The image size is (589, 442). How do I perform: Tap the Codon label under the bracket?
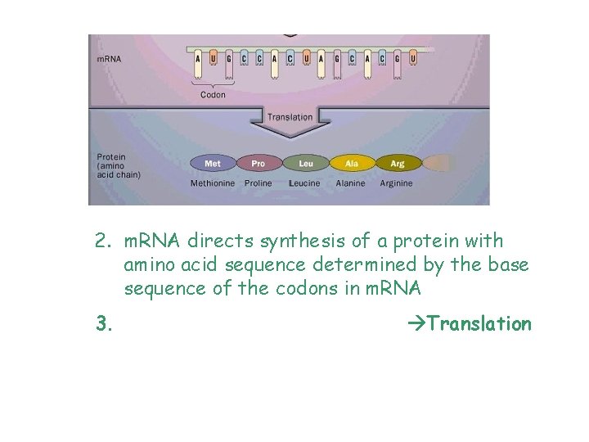[x=213, y=94]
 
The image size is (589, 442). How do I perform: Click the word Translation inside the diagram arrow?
[x=290, y=117]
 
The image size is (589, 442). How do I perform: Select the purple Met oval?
[x=212, y=164]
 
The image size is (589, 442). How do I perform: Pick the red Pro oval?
[x=259, y=164]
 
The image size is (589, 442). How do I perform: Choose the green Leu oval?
[x=305, y=164]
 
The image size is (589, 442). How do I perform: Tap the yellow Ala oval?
[x=351, y=164]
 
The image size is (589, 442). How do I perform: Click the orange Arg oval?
[x=397, y=164]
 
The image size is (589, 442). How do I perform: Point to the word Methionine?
[x=213, y=183]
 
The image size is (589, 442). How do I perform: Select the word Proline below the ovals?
[x=259, y=183]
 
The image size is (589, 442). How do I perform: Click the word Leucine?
[x=304, y=183]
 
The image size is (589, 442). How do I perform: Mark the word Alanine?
[x=350, y=183]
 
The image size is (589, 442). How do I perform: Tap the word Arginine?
[x=397, y=183]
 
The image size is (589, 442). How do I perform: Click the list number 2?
[x=102, y=241]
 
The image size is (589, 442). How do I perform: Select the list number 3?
[x=103, y=324]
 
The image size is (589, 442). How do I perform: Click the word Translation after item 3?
[x=479, y=324]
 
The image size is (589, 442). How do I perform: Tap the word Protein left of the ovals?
[x=111, y=157]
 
